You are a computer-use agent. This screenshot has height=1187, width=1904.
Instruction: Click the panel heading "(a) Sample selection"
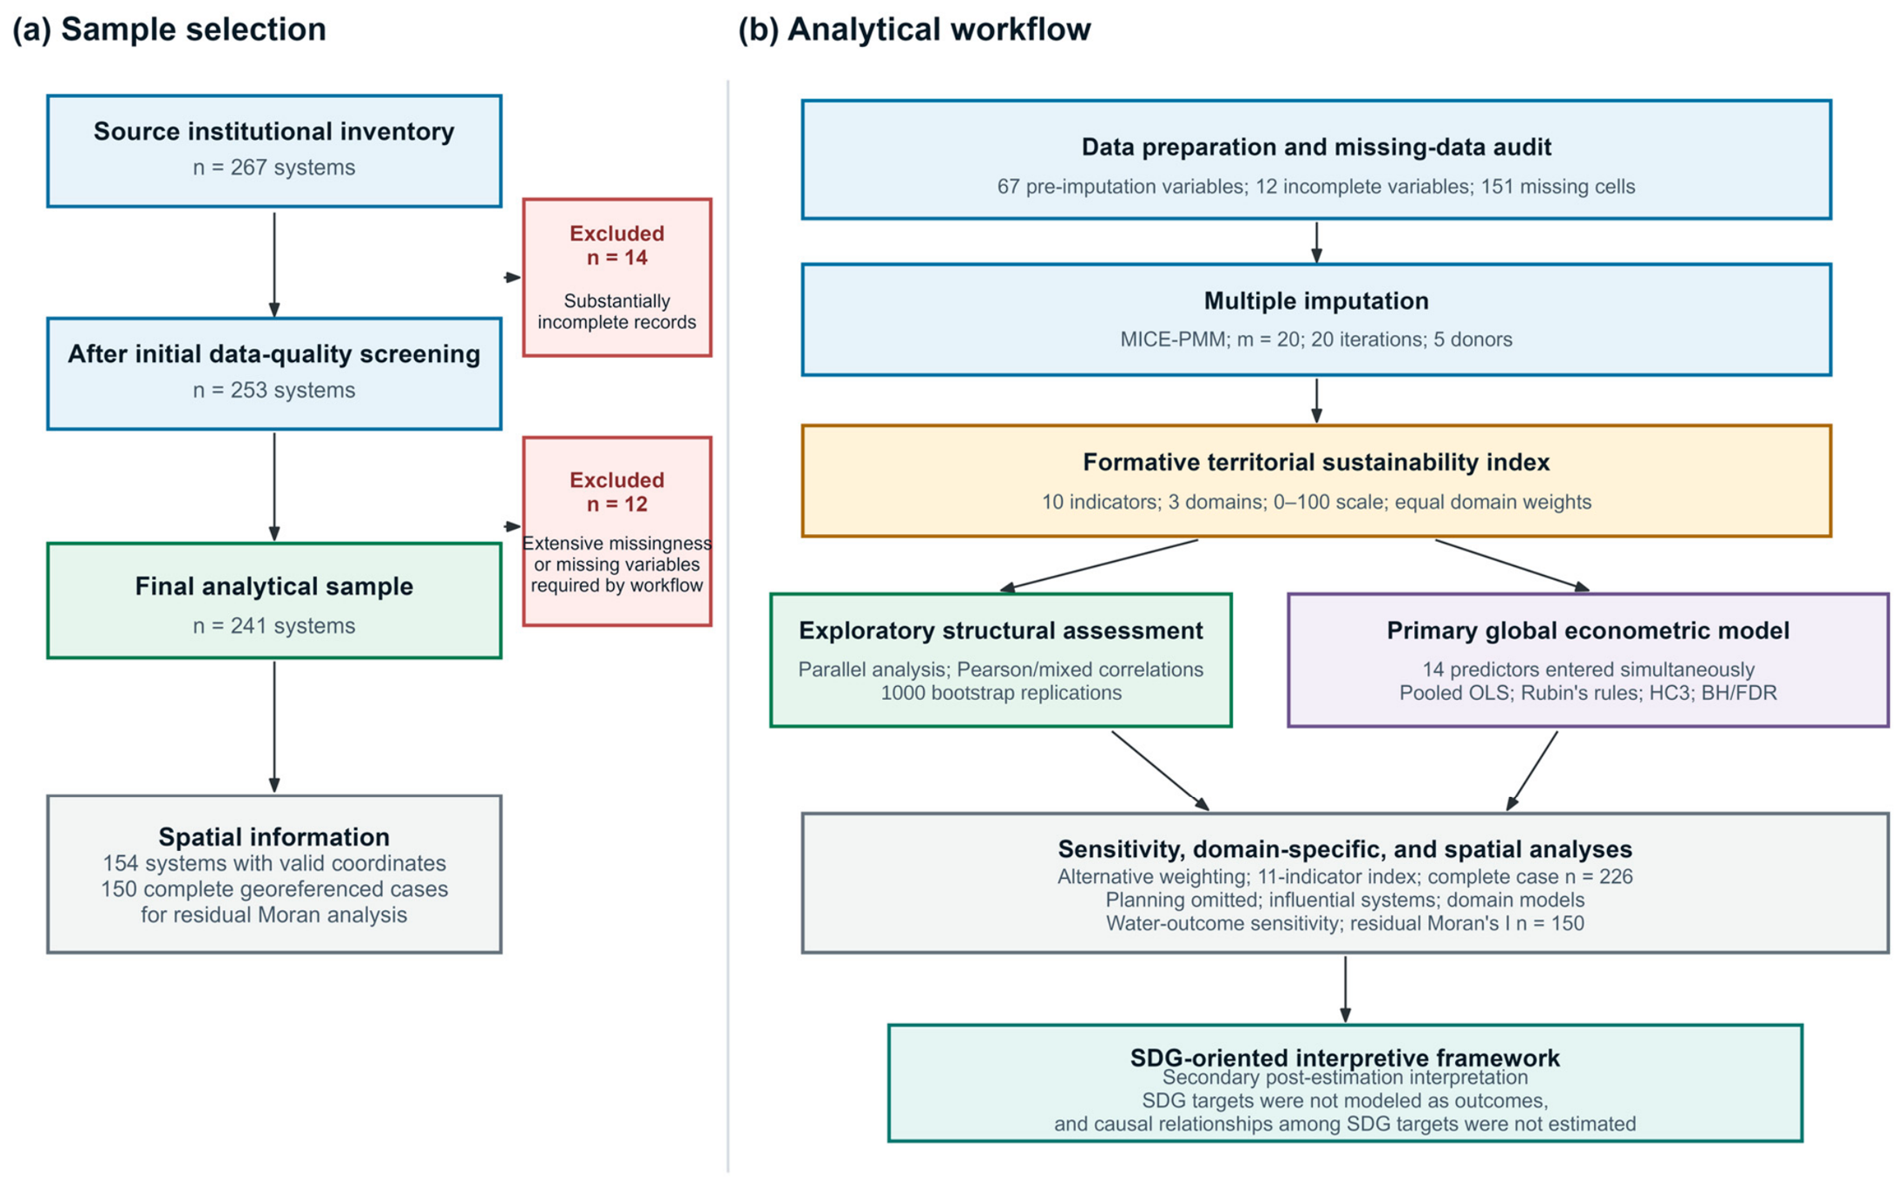click(169, 30)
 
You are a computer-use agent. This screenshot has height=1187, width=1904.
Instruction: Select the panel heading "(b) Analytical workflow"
click(914, 30)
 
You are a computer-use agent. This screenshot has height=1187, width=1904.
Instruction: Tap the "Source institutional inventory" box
click(274, 151)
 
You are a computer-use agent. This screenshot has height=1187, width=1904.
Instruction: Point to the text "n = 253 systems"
click(274, 390)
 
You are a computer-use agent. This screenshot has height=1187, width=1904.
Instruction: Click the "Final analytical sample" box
click(274, 601)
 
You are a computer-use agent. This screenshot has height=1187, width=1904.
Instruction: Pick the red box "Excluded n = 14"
click(617, 278)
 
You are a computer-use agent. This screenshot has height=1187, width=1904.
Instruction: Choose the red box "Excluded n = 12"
click(617, 531)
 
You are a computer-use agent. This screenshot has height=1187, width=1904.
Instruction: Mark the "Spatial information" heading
click(274, 837)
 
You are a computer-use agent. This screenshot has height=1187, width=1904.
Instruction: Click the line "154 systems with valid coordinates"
click(274, 864)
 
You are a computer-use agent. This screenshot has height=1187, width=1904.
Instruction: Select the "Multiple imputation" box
click(1316, 320)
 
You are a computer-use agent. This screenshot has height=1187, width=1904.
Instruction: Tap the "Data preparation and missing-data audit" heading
click(1316, 147)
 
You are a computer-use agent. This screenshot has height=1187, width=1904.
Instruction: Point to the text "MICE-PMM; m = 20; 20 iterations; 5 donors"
click(1316, 340)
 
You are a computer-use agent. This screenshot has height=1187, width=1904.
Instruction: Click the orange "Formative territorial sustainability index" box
click(1316, 481)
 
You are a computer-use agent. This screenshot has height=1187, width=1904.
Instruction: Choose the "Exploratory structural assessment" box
click(1001, 660)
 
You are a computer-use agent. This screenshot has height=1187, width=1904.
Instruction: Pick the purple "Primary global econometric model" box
click(1588, 660)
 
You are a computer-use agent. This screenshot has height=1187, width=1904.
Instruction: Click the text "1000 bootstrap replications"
click(1001, 693)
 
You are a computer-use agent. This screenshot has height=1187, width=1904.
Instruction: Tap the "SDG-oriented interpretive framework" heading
click(1345, 1058)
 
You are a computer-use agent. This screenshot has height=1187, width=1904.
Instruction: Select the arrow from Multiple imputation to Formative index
click(1316, 400)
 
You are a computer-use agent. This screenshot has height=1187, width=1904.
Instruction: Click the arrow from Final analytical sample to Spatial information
click(274, 727)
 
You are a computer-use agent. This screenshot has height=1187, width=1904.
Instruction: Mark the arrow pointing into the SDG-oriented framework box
click(1345, 989)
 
